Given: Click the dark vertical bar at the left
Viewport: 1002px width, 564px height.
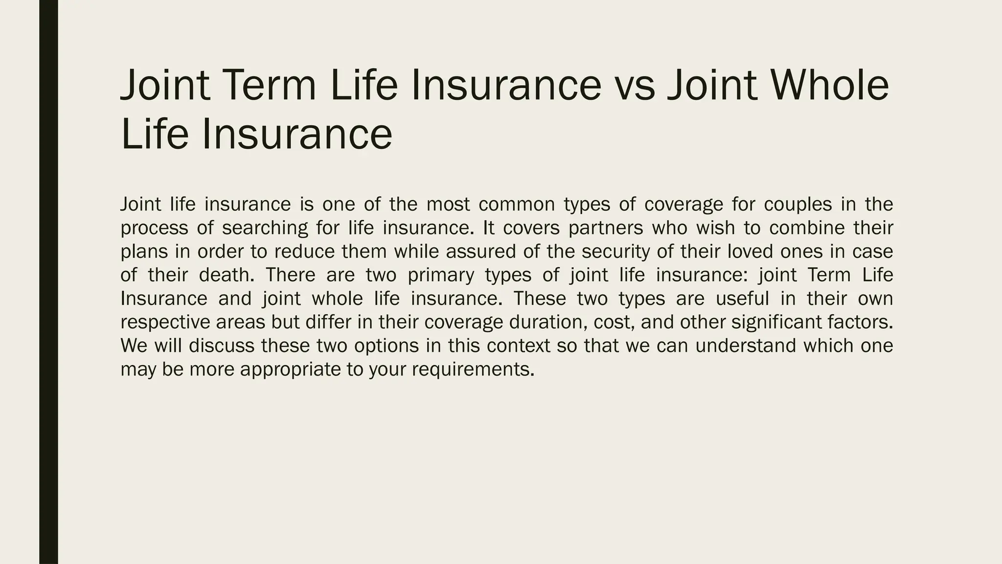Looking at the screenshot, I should tap(48, 282).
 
